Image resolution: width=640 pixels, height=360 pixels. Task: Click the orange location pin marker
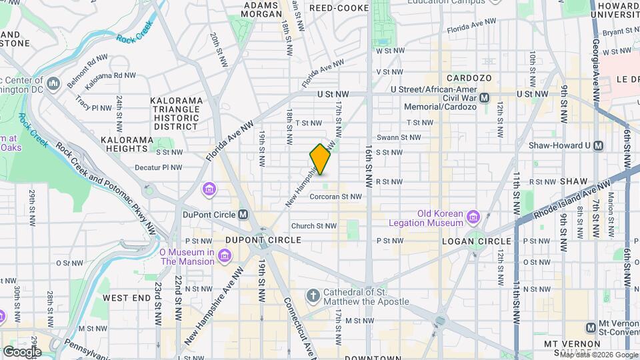point(321,159)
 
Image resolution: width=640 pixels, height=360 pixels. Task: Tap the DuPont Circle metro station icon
point(243,215)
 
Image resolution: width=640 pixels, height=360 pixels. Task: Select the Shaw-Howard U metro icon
point(598,145)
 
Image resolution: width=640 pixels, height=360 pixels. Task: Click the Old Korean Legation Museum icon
point(473,217)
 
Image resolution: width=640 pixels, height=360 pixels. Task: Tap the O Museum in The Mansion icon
point(225,257)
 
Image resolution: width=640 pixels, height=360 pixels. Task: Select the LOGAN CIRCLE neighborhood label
point(476,240)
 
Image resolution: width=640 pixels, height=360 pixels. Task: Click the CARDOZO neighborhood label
point(469,78)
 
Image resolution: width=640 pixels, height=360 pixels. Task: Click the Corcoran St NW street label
point(335,197)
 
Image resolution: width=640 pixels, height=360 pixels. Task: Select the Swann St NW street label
point(397,137)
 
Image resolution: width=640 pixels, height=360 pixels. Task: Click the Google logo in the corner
point(21,351)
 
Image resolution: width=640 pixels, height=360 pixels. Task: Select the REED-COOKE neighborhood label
point(339,8)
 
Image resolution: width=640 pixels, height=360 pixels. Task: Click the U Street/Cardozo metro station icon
point(485,97)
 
